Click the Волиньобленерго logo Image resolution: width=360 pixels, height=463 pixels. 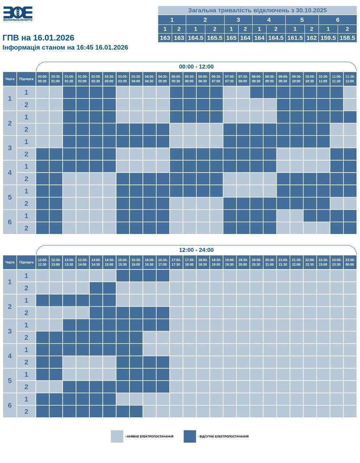(18, 14)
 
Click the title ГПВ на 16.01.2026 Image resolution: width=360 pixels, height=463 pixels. (38, 38)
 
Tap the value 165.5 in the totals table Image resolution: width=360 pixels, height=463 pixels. (215, 38)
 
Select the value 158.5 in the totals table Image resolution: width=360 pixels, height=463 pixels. (347, 38)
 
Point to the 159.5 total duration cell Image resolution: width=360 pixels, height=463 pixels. (328, 38)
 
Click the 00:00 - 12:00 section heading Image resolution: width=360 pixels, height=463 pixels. (196, 67)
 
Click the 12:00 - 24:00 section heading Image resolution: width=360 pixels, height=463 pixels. (196, 250)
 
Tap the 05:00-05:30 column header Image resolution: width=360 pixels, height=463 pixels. (176, 79)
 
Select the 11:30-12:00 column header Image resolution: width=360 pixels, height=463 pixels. (350, 79)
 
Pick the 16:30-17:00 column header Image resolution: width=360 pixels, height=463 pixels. (163, 262)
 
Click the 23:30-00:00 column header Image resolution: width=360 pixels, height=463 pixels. (350, 262)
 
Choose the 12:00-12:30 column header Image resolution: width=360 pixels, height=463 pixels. (42, 262)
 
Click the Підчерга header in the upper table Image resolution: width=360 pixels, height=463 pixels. (26, 79)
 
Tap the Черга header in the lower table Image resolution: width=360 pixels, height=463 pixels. (10, 262)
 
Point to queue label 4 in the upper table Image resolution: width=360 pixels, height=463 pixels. (10, 173)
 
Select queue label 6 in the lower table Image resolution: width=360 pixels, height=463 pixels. (10, 405)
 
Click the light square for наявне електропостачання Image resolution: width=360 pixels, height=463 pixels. (117, 436)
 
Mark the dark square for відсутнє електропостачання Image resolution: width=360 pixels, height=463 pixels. (190, 436)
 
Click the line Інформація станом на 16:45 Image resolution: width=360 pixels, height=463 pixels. (65, 47)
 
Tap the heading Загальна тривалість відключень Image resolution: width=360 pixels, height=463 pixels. (257, 10)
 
